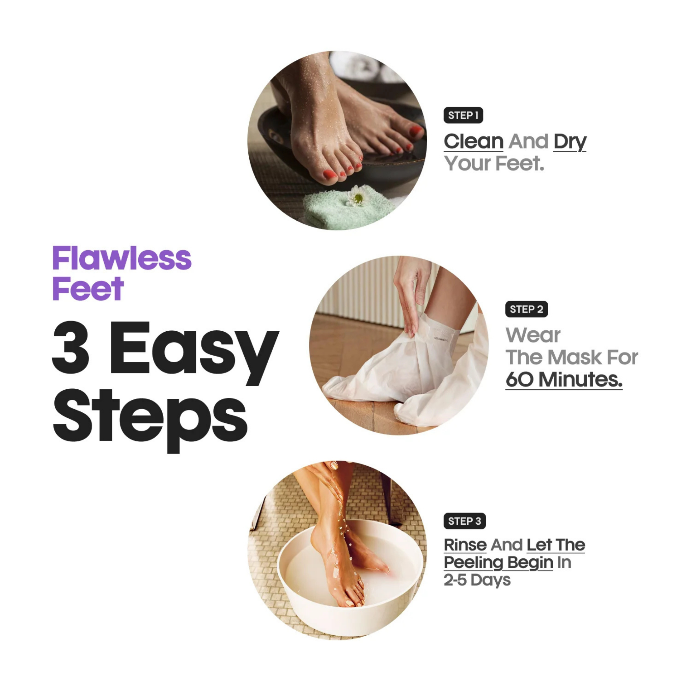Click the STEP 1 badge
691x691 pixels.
[x=463, y=115]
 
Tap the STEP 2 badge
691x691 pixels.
[x=526, y=309]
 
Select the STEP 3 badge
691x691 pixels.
[x=465, y=521]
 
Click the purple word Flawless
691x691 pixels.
[x=122, y=258]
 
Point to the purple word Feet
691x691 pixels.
[x=88, y=288]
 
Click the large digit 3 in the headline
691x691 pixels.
[x=71, y=347]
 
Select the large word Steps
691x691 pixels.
[x=150, y=420]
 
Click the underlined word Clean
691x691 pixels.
[x=473, y=142]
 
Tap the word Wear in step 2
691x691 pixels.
[x=533, y=335]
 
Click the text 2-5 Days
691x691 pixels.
[x=477, y=580]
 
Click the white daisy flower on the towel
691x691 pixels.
[x=356, y=196]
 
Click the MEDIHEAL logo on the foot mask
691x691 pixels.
[x=441, y=338]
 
